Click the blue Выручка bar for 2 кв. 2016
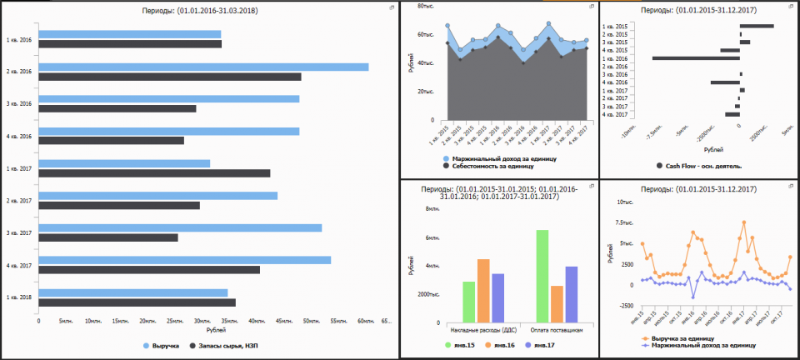point(203,67)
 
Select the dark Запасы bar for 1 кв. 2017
point(154,173)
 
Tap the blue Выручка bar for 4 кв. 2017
point(184,260)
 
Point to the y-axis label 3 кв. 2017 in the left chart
point(18,232)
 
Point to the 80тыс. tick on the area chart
point(424,7)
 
